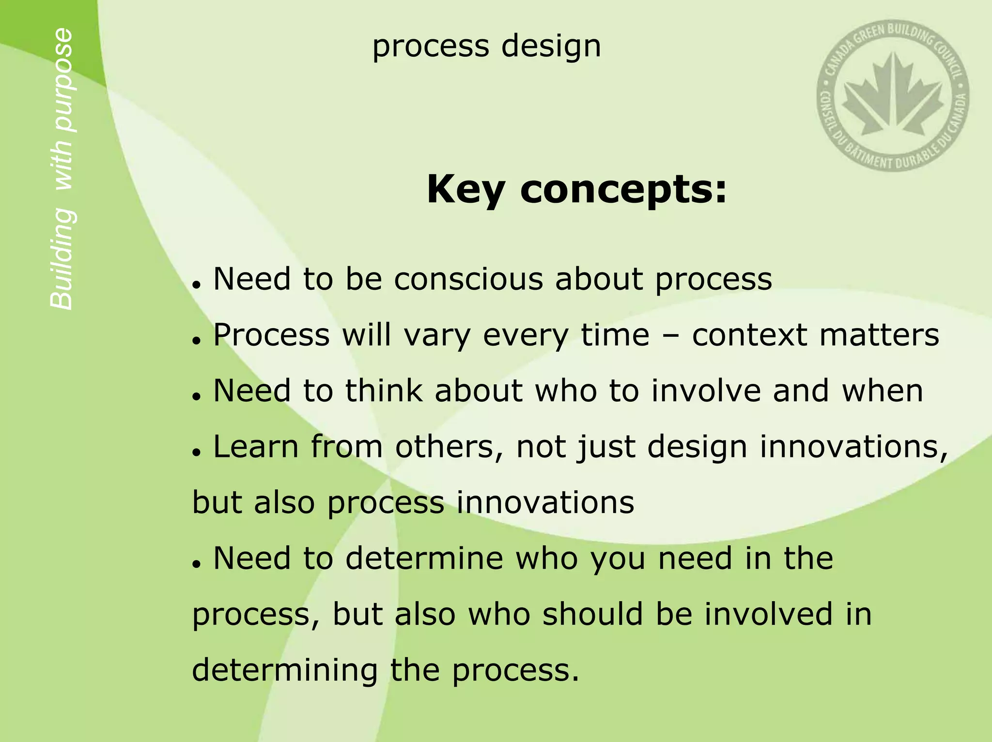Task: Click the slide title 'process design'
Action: [486, 47]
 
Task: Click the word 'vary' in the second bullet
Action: [437, 335]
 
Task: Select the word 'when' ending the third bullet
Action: [883, 391]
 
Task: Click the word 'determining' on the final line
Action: [285, 670]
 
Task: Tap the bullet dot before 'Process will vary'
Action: [196, 341]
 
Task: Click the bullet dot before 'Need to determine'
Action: [196, 564]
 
